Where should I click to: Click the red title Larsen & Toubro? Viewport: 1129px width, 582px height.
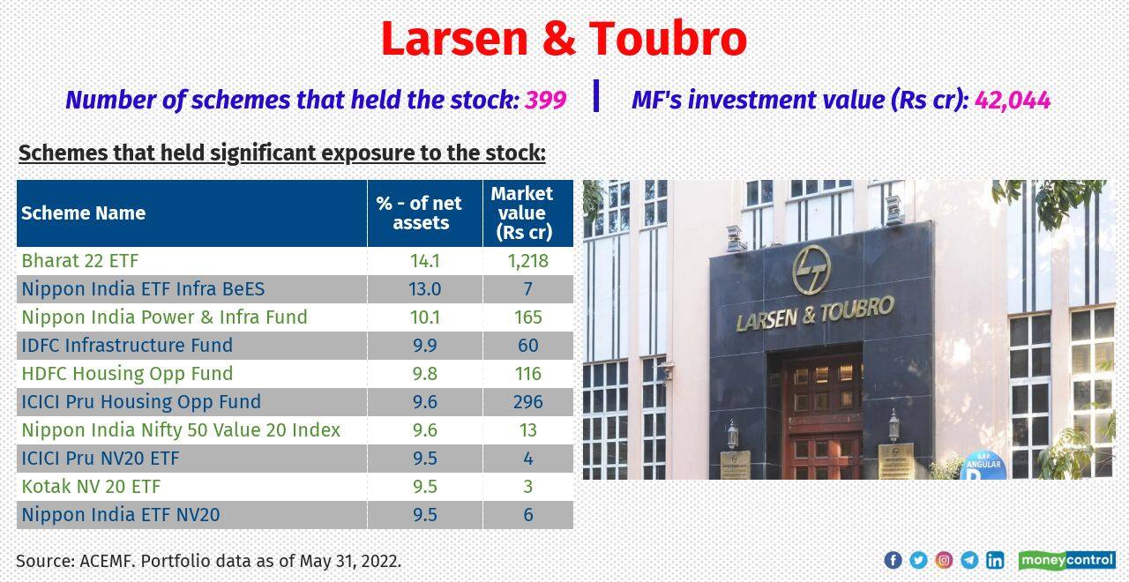[x=564, y=39]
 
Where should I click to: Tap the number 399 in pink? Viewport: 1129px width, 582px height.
[x=545, y=100]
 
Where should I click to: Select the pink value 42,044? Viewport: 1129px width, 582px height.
[x=1013, y=100]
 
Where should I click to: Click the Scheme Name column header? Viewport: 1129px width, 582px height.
[x=84, y=213]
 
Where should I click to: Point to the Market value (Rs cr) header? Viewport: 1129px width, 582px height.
[x=522, y=213]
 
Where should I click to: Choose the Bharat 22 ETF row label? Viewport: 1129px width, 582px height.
[x=80, y=260]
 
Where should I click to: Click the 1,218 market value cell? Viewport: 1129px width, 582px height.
[x=527, y=260]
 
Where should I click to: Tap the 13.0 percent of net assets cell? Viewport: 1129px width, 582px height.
[x=425, y=288]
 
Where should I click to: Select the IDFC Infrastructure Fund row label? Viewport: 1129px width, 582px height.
[x=127, y=345]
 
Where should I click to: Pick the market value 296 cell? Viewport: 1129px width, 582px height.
[x=527, y=401]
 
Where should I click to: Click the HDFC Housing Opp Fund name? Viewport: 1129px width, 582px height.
[x=127, y=373]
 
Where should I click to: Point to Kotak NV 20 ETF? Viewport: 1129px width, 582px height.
[x=91, y=486]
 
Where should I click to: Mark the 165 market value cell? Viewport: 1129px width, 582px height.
[x=527, y=317]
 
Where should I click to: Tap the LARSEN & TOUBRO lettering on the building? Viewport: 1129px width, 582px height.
[x=815, y=313]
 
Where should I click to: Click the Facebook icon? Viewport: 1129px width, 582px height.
[x=893, y=560]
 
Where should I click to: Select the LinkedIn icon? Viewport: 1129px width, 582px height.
[x=995, y=560]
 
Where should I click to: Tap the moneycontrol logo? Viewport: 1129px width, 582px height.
[x=1066, y=560]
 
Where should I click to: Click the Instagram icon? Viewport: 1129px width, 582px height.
[x=944, y=560]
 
